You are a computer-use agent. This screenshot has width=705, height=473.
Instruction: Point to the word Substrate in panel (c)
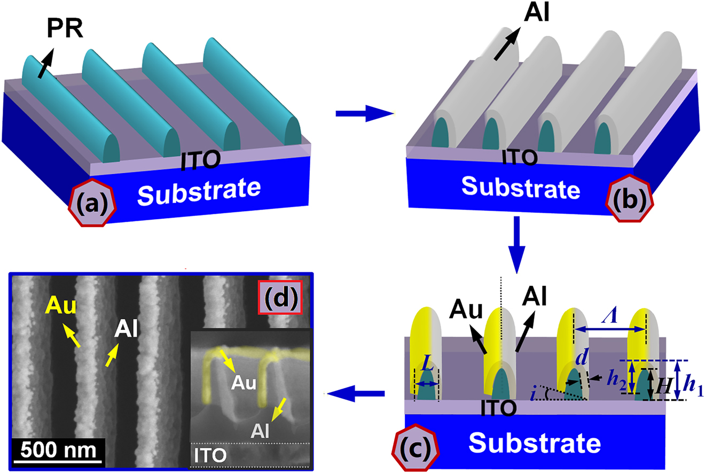click(536, 443)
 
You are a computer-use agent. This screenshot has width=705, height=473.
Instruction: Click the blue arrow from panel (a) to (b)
click(364, 114)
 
